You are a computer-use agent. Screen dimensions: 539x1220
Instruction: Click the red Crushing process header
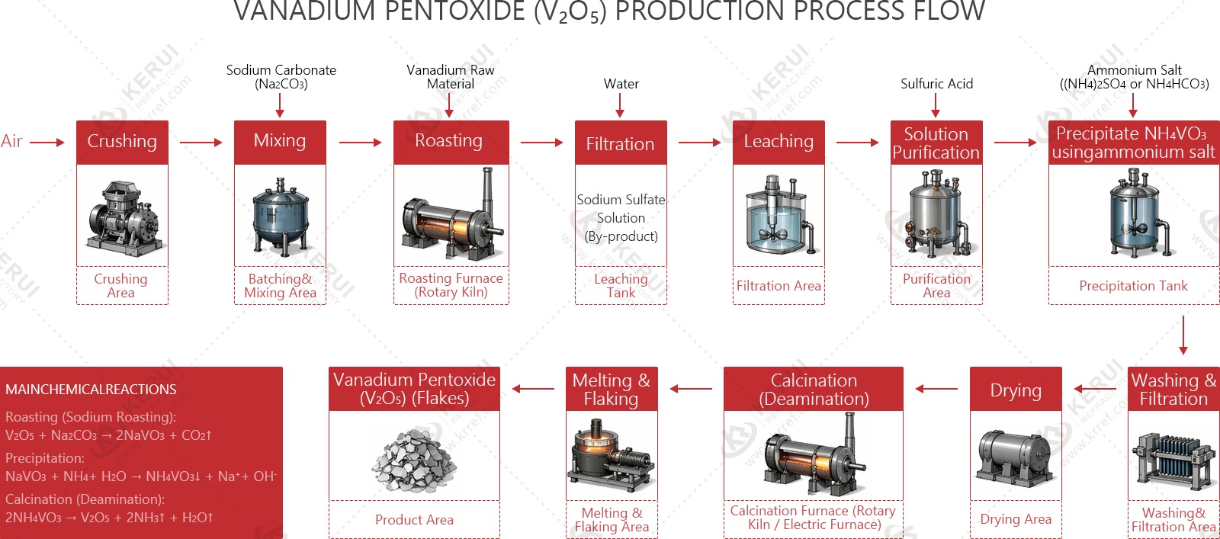coord(122,142)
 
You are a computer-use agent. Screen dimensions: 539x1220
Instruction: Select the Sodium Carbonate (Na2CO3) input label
coord(281,77)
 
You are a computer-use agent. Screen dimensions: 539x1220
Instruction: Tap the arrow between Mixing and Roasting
coord(360,143)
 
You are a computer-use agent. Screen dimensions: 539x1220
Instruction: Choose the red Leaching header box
coord(779,142)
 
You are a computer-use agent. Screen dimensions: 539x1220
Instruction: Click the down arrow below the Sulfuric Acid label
coord(936,105)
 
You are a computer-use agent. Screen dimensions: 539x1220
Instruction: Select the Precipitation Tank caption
coord(1133,286)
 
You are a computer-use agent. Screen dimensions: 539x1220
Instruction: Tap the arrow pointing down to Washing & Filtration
coord(1183,335)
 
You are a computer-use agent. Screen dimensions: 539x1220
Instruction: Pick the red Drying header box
coord(1016,390)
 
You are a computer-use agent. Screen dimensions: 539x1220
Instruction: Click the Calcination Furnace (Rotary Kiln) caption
coord(813,518)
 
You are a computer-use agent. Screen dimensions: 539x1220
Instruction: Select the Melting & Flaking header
coord(612,390)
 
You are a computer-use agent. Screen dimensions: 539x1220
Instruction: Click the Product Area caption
coord(414,520)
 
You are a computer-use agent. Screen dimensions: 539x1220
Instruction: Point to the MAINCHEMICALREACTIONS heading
coord(91,390)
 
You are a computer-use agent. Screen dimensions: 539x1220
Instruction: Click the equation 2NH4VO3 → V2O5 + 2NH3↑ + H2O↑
coord(109,518)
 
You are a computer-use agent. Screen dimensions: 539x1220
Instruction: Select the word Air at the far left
coord(11,141)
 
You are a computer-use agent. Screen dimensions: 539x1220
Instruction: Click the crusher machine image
coord(123,217)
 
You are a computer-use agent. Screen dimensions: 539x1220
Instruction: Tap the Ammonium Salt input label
coord(1134,77)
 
